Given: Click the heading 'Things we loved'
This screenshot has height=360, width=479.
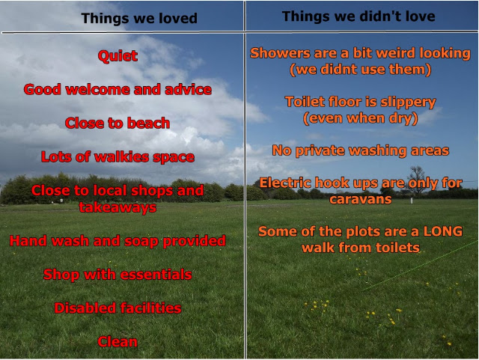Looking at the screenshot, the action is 139,18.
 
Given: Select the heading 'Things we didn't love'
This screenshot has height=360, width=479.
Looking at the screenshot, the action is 359,16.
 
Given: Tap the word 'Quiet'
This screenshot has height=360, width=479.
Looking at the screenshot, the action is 118,56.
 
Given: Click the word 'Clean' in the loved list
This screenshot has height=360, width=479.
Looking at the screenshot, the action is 118,342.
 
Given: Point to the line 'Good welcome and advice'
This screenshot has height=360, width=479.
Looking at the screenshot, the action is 118,90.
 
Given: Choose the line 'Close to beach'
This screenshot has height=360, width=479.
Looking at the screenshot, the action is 118,123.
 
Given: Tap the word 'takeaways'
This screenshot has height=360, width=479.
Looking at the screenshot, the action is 118,207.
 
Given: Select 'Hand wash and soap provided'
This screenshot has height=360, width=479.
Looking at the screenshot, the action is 118,241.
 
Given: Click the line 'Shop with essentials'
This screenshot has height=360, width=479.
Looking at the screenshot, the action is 118,275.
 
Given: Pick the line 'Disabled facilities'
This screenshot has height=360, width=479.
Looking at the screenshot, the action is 118,308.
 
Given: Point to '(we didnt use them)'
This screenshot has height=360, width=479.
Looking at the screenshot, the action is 361,70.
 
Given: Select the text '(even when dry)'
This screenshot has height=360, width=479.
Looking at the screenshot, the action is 361,118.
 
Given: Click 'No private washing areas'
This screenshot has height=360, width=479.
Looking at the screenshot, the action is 361,150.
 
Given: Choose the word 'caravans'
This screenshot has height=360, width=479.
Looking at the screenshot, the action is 361,199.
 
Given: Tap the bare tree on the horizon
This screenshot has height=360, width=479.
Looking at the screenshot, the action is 416,180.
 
